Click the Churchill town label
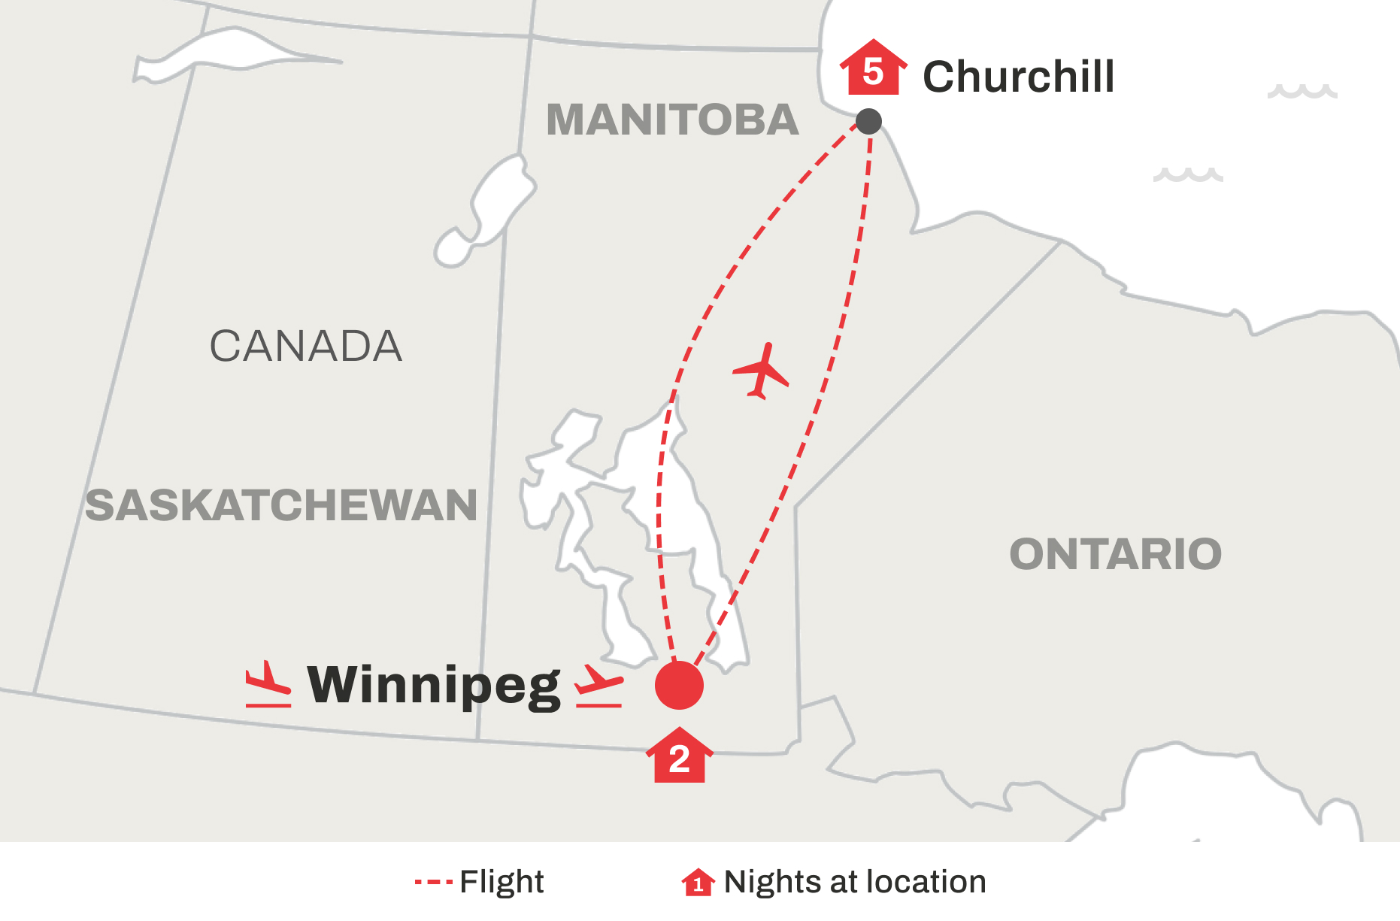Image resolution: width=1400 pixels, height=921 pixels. pyautogui.click(x=1018, y=77)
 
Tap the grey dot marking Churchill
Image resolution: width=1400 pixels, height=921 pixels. pyautogui.click(x=868, y=121)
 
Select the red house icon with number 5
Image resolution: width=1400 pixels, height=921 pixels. pyautogui.click(x=873, y=69)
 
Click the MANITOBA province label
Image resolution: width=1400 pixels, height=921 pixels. pyautogui.click(x=672, y=120)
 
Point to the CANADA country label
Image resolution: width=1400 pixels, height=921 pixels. pyautogui.click(x=305, y=347)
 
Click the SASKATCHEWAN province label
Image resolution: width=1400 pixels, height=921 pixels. pyautogui.click(x=280, y=505)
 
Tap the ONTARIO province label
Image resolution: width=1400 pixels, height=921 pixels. pyautogui.click(x=1115, y=555)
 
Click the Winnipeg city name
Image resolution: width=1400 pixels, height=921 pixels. pyautogui.click(x=434, y=686)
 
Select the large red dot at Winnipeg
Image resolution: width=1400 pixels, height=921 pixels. pyautogui.click(x=679, y=685)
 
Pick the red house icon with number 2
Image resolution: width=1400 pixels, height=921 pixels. pyautogui.click(x=679, y=757)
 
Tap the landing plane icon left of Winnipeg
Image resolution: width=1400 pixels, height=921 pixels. pyautogui.click(x=268, y=685)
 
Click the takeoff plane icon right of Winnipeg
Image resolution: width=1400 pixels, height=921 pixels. pyautogui.click(x=598, y=686)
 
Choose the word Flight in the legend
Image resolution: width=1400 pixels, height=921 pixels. pyautogui.click(x=502, y=882)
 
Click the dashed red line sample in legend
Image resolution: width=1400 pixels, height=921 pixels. pyautogui.click(x=433, y=882)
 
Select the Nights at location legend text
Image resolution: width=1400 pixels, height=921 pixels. pyautogui.click(x=854, y=882)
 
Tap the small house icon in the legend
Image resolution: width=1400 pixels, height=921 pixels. pyautogui.click(x=698, y=883)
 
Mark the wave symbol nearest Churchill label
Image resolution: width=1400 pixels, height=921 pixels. pyautogui.click(x=1302, y=92)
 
